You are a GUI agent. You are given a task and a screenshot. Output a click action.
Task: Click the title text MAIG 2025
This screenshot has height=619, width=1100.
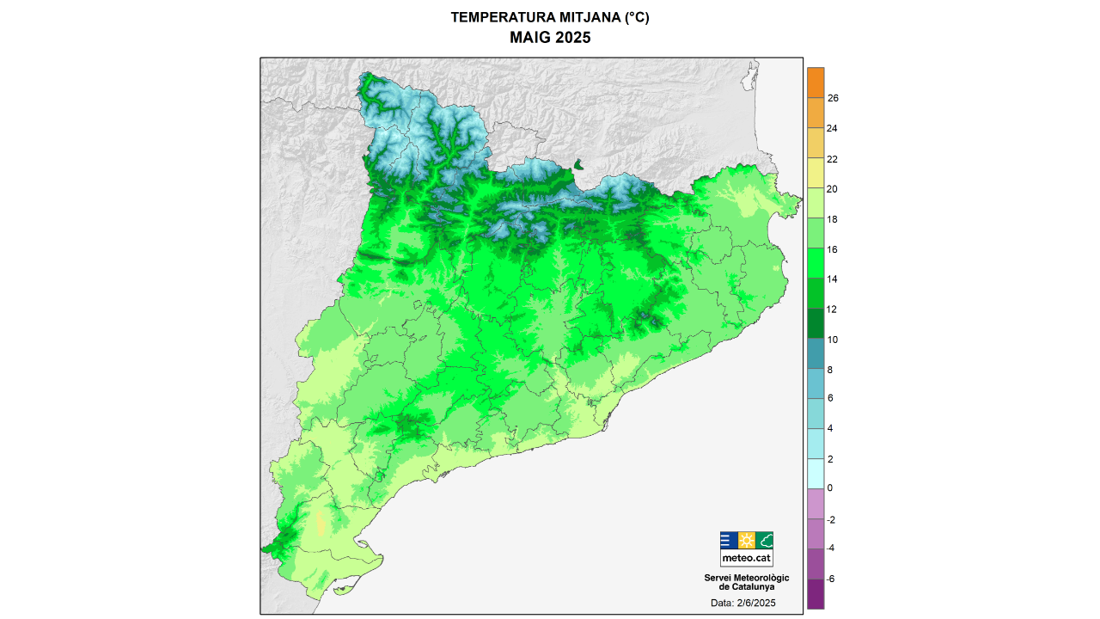pyautogui.click(x=550, y=38)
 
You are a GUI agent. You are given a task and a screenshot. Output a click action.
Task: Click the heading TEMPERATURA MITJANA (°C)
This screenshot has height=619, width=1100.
pyautogui.click(x=550, y=17)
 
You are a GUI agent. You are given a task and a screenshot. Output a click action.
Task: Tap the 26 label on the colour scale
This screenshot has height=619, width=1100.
pyautogui.click(x=833, y=98)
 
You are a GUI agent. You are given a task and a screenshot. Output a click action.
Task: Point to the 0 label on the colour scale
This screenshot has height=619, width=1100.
pyautogui.click(x=829, y=488)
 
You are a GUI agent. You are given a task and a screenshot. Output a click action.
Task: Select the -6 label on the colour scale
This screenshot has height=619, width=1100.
pyautogui.click(x=831, y=579)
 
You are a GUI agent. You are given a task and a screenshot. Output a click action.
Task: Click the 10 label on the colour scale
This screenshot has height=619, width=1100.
pyautogui.click(x=833, y=340)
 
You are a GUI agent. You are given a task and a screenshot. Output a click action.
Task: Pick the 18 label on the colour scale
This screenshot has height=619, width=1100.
pyautogui.click(x=833, y=219)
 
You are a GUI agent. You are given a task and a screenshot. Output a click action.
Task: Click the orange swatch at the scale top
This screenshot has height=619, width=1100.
pyautogui.click(x=816, y=83)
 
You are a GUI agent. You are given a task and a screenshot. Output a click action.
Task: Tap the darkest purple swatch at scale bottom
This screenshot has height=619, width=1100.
pyautogui.click(x=816, y=593)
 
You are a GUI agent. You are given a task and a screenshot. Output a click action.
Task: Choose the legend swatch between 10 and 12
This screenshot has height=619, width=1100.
pyautogui.click(x=816, y=324)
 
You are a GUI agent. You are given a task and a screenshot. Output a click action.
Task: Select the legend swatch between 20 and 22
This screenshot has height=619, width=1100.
pyautogui.click(x=816, y=174)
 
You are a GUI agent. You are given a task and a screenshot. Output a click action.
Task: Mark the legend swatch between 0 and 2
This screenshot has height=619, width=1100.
pyautogui.click(x=816, y=474)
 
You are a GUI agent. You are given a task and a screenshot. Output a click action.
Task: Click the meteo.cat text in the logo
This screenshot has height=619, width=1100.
pyautogui.click(x=746, y=557)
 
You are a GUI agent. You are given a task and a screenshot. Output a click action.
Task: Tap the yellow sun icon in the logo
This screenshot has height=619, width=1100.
pyautogui.click(x=747, y=540)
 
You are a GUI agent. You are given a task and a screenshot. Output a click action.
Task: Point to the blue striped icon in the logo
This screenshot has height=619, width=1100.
pyautogui.click(x=728, y=540)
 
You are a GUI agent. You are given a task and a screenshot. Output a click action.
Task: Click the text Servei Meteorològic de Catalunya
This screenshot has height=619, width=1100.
pyautogui.click(x=746, y=582)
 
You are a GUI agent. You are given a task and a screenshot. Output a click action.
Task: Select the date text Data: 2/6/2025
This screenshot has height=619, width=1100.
pyautogui.click(x=743, y=604)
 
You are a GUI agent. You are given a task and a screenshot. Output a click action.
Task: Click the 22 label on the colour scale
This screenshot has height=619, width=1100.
pyautogui.click(x=833, y=159)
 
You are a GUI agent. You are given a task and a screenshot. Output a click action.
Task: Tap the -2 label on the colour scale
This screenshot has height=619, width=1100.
pyautogui.click(x=831, y=520)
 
